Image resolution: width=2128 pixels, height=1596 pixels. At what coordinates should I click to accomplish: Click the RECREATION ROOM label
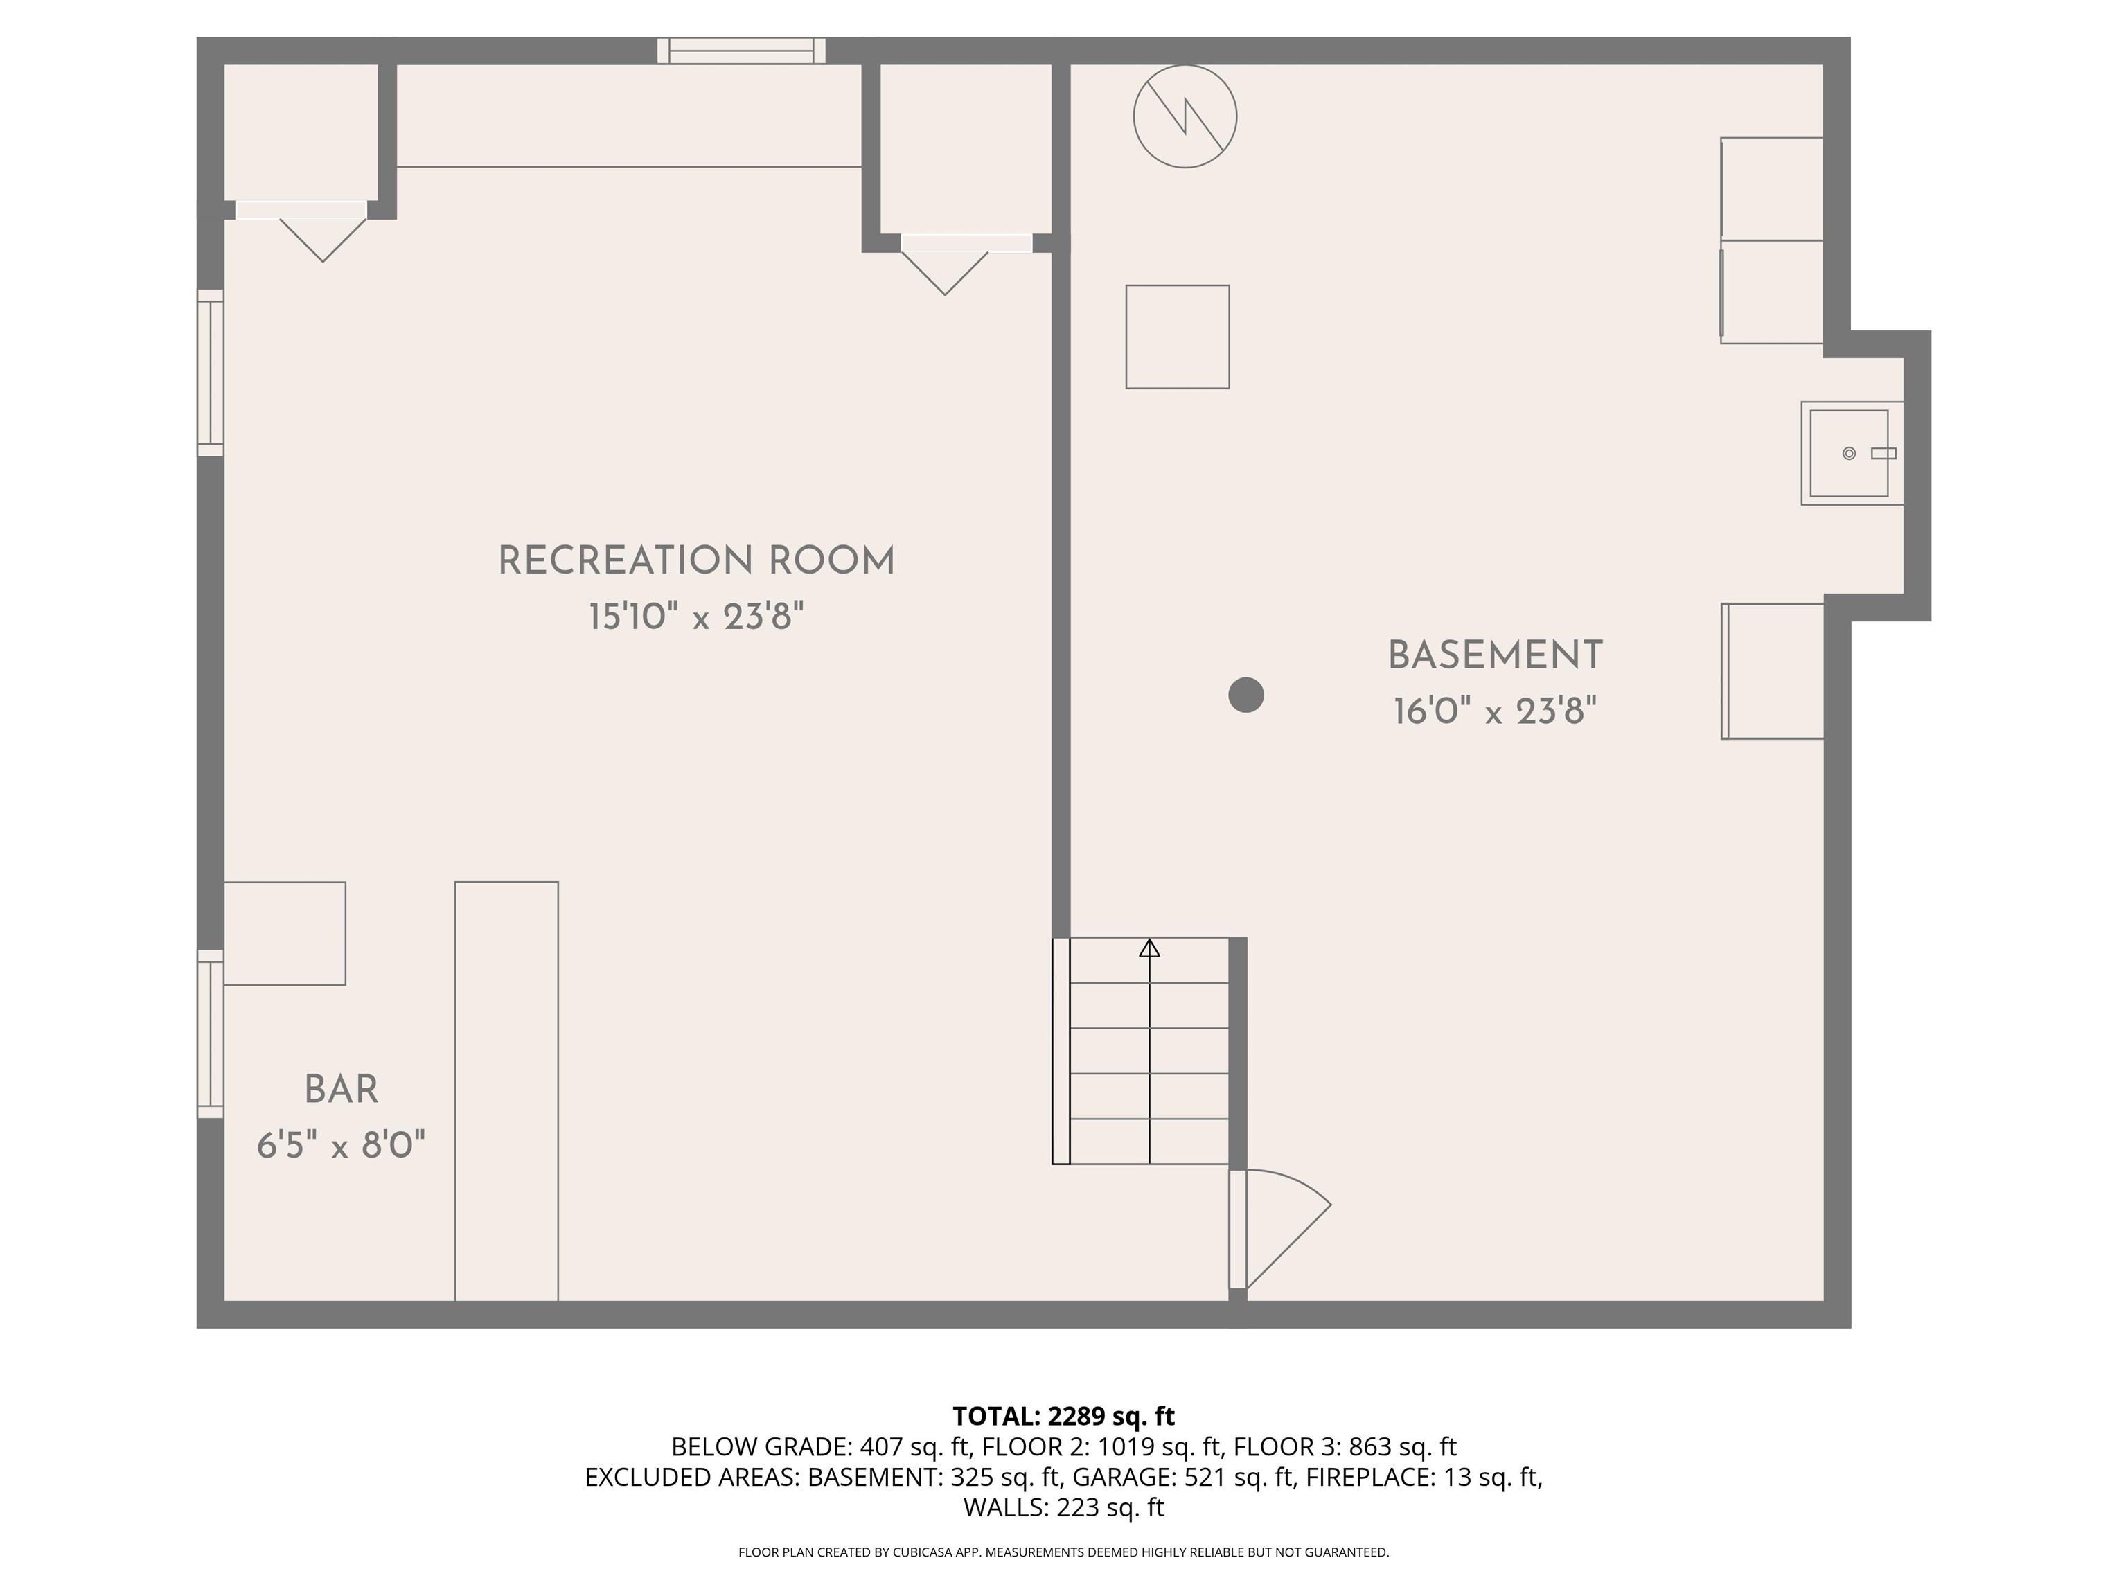(696, 561)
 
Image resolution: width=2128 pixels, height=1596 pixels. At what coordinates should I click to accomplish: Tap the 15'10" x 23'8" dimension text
(696, 616)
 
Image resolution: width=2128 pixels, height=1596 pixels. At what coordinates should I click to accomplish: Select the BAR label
(342, 1090)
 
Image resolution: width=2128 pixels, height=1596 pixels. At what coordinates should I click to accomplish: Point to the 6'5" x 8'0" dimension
(342, 1145)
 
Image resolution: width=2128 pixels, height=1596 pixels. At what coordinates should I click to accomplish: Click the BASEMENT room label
(1495, 656)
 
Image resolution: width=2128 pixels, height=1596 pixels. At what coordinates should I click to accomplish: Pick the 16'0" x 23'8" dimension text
(1495, 712)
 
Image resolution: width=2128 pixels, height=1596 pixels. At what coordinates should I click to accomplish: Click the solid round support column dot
(1245, 695)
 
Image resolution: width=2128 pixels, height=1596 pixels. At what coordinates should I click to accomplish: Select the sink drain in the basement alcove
(1849, 453)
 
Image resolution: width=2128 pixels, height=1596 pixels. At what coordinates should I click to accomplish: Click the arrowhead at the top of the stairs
(1150, 948)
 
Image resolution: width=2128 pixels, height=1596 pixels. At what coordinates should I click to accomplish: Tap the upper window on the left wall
(211, 372)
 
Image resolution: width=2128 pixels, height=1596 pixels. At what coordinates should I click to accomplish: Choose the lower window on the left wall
(211, 1034)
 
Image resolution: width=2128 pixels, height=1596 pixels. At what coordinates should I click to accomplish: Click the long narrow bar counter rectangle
(507, 1091)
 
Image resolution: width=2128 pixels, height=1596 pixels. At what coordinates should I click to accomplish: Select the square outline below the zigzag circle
(1178, 337)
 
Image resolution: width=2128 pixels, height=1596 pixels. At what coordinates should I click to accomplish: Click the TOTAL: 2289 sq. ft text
(1064, 1416)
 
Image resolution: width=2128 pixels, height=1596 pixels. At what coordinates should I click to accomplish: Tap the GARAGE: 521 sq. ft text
(1183, 1477)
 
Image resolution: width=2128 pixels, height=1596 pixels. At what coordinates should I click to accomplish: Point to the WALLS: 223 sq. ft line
(1064, 1507)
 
